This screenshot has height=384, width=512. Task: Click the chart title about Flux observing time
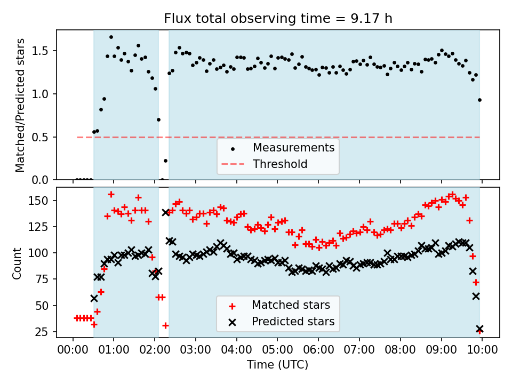coord(278,19)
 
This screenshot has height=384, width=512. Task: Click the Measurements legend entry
coord(293,147)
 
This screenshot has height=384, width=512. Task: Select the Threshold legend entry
coord(280,164)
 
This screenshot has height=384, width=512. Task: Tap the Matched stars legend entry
coord(291,305)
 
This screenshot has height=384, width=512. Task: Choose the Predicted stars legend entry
coord(293,322)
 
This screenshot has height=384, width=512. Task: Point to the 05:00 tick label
coord(277,351)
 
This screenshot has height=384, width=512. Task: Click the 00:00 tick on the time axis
coord(73,351)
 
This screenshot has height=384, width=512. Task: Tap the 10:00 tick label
coord(482,351)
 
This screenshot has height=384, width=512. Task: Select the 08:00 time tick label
coord(400,351)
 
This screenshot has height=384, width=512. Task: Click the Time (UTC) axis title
coord(277,365)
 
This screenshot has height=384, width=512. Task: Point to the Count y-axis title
coord(18,263)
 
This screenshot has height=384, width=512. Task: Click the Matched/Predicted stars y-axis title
coord(20,105)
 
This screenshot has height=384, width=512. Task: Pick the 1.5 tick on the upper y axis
coord(43,51)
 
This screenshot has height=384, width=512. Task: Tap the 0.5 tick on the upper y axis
coord(43,137)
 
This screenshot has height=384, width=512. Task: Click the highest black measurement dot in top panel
coord(111,37)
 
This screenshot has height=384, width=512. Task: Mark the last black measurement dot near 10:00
coord(479,100)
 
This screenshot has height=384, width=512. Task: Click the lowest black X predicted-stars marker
coord(479,329)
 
